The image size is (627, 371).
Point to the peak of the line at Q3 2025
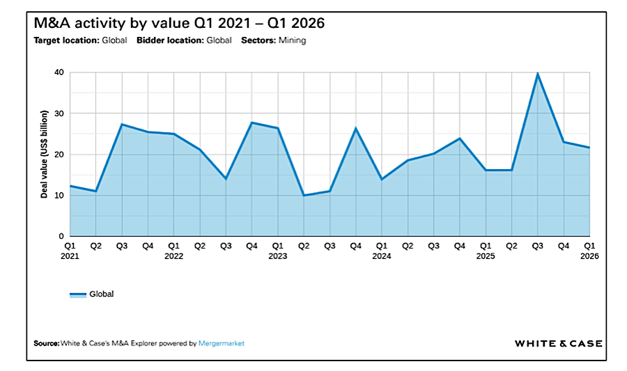coord(537,73)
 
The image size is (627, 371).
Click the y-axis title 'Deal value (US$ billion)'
coord(44,155)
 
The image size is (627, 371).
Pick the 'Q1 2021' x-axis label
coord(70,251)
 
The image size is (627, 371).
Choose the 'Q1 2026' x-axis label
coord(589,251)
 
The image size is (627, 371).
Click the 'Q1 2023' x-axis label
coord(277,251)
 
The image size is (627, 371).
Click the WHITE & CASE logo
coord(558,343)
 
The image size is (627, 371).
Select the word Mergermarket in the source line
coord(222,343)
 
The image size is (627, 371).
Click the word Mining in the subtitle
coord(292,40)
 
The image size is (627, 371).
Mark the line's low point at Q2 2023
coord(304,195)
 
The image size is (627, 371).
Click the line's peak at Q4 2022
coord(251,123)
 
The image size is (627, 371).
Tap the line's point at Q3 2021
coord(122,124)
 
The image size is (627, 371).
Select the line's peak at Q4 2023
coord(355,128)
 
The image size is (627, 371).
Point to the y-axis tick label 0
coord(61,237)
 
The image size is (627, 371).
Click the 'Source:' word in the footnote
coord(46,343)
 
